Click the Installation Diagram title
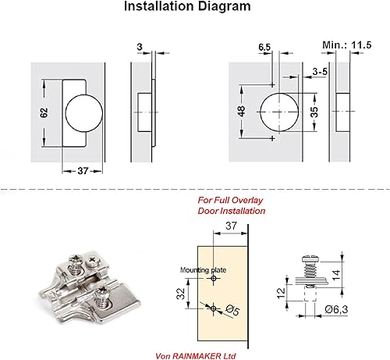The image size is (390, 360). click(x=187, y=6)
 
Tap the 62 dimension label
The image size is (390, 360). click(x=44, y=112)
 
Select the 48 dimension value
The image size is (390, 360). click(x=242, y=111)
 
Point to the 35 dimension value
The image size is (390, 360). click(x=314, y=112)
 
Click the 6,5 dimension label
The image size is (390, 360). click(x=264, y=47)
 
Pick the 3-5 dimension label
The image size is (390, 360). click(x=320, y=71)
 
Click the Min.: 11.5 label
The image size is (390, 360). click(x=347, y=45)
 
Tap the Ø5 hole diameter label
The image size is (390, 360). click(x=232, y=310)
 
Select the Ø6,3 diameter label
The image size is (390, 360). click(x=336, y=309)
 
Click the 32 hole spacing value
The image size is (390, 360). click(x=181, y=294)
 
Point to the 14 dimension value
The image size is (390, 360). click(x=336, y=275)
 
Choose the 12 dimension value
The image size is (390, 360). click(x=281, y=294)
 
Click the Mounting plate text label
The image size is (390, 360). click(x=203, y=270)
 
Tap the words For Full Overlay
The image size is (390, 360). click(x=230, y=200)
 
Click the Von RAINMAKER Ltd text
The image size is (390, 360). click(x=196, y=355)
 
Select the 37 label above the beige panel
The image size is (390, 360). click(x=231, y=226)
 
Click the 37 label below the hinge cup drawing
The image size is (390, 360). click(x=83, y=171)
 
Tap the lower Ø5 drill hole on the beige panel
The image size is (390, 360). click(x=214, y=308)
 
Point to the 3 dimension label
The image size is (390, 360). click(x=140, y=47)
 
